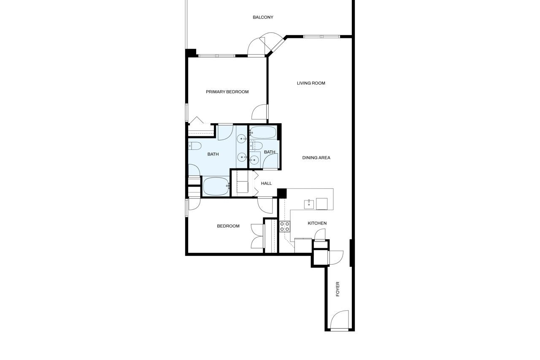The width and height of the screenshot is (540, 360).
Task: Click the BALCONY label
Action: [263, 17]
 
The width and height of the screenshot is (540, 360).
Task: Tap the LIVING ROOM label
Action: [311, 83]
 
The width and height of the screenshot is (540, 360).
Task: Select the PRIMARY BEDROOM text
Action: [227, 92]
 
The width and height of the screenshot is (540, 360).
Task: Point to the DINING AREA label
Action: [316, 158]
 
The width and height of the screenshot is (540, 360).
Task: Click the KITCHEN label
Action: [317, 223]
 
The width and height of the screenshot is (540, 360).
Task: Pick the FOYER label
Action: [337, 289]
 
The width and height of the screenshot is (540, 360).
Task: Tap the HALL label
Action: [266, 184]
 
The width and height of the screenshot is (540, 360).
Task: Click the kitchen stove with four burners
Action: [285, 226]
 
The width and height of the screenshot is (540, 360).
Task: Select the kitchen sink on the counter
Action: [309, 204]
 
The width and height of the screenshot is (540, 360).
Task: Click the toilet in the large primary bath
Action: [195, 146]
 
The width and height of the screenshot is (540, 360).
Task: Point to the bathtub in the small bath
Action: [263, 133]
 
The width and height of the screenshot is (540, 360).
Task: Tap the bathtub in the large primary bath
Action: [216, 187]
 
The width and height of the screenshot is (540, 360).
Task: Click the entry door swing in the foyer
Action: [340, 320]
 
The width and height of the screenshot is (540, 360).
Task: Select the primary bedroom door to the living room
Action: [259, 112]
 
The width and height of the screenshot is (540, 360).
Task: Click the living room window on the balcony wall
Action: [321, 37]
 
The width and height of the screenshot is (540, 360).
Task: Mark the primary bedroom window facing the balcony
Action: [217, 56]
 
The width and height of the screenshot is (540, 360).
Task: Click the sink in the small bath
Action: [254, 160]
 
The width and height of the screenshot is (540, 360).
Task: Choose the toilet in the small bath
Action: [256, 146]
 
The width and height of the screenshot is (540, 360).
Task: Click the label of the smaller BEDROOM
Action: [228, 226]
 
